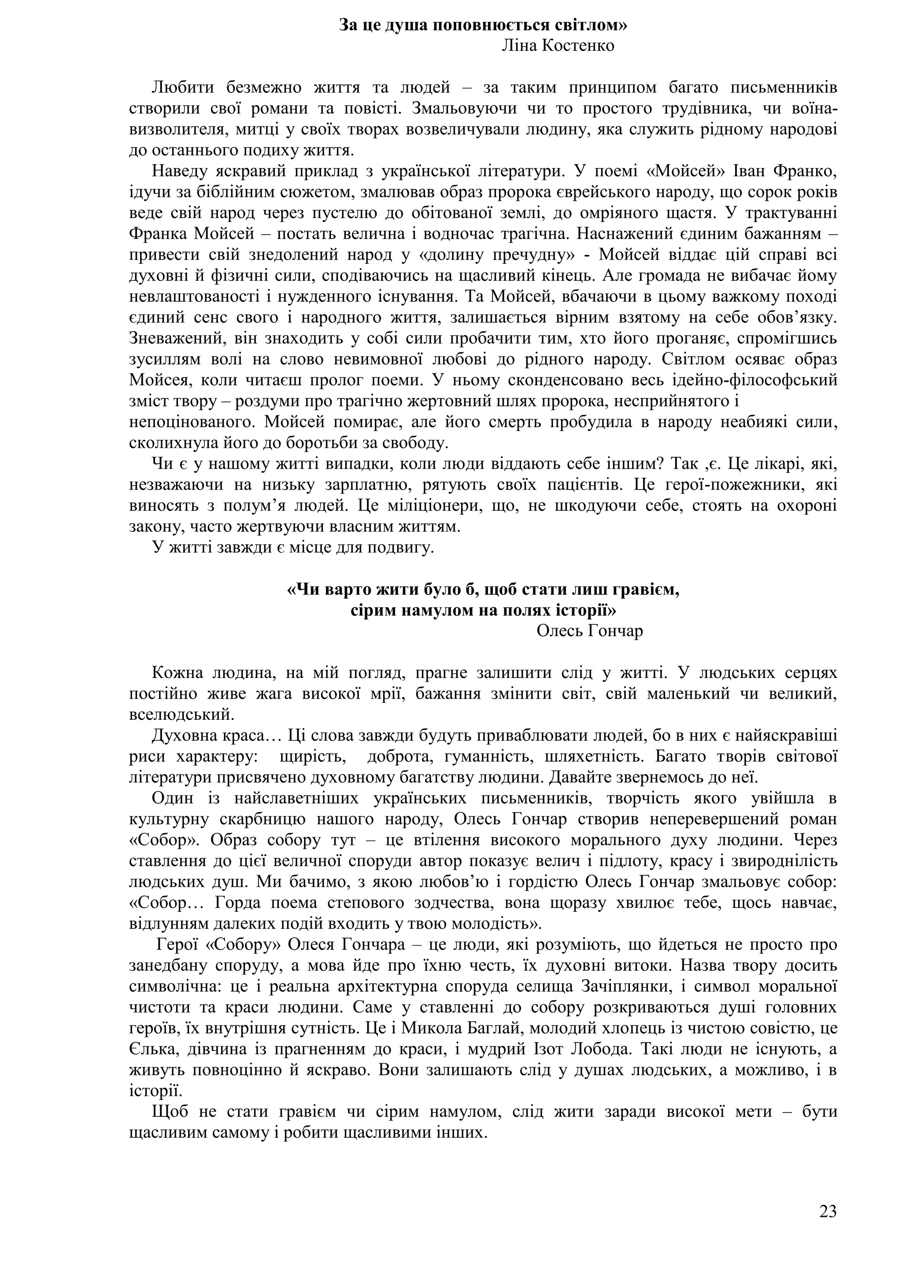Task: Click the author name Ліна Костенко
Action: [558, 45]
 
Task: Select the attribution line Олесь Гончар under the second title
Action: [589, 631]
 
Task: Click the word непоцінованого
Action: [192, 422]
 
